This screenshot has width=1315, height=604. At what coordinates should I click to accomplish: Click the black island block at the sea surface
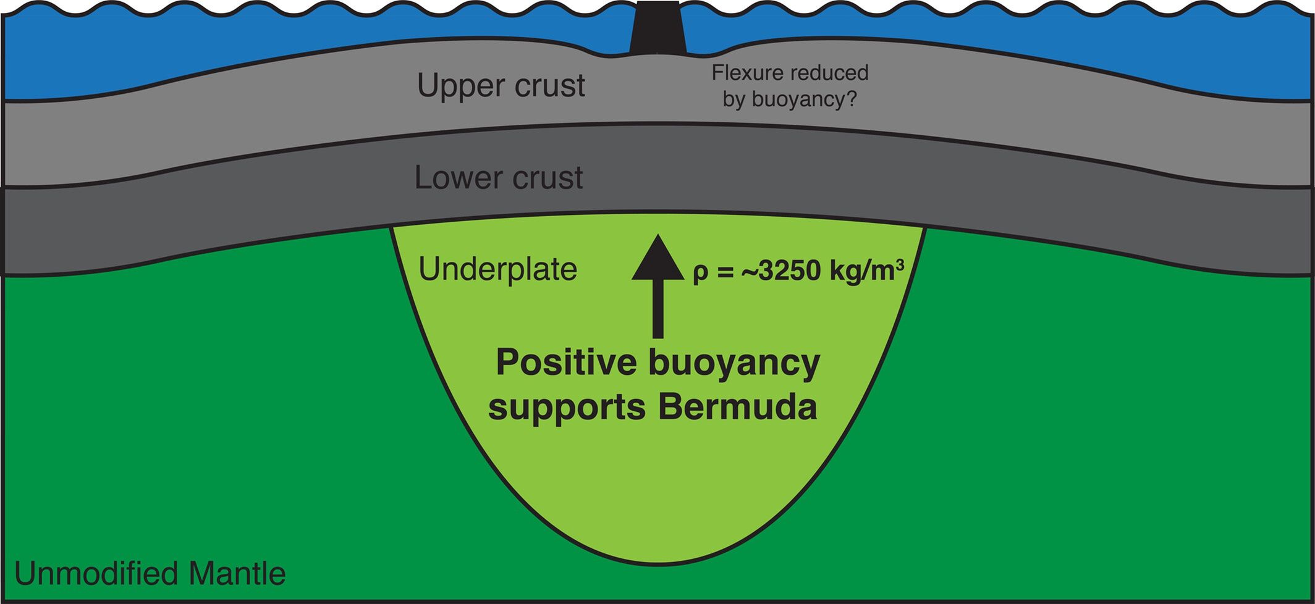click(x=657, y=28)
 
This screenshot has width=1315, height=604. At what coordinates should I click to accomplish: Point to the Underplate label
click(x=498, y=269)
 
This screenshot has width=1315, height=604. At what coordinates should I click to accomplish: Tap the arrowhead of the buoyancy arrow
click(x=657, y=258)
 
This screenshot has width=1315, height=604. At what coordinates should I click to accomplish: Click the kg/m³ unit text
click(x=865, y=271)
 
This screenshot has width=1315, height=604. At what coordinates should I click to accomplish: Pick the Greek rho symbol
click(x=700, y=272)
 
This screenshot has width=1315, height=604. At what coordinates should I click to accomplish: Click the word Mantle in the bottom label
click(x=237, y=573)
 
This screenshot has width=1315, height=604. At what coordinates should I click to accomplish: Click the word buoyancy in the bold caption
click(x=734, y=364)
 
